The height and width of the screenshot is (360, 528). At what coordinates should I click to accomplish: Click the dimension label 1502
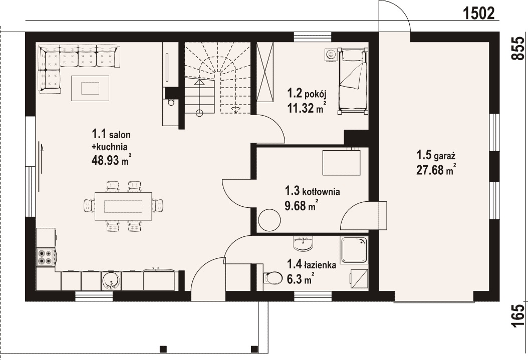[478, 13]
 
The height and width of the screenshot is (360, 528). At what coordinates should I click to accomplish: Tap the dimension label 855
[518, 48]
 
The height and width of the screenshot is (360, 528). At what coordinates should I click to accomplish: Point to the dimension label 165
[518, 315]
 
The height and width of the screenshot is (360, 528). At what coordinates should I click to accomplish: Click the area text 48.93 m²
[111, 160]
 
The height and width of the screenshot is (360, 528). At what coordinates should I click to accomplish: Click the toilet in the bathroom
[273, 278]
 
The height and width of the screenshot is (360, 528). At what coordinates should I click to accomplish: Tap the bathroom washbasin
[304, 243]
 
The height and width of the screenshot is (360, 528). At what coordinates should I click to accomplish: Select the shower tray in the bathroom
[354, 250]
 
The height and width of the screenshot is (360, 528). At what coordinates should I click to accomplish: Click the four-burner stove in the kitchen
[46, 257]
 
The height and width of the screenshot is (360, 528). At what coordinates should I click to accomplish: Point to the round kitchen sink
[111, 280]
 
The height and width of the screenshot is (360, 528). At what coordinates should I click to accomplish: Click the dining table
[123, 206]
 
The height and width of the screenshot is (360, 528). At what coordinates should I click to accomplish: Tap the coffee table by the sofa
[90, 88]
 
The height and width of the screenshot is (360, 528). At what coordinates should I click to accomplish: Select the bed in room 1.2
[353, 81]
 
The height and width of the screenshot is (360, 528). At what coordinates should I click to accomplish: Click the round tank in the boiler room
[270, 220]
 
